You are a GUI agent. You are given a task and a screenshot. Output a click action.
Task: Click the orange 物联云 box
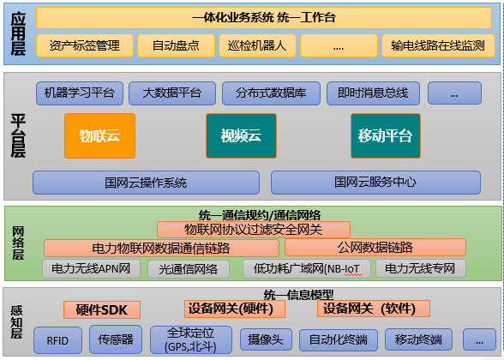[x=99, y=135]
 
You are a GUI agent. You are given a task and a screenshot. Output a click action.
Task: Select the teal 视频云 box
[x=241, y=135]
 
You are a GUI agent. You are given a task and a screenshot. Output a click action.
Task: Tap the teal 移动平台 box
[x=386, y=135]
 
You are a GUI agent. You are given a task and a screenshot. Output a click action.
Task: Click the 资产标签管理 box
[x=85, y=45]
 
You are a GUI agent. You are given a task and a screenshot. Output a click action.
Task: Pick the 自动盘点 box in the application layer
[x=177, y=45]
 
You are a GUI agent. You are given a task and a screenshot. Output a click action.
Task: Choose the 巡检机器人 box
[x=257, y=45]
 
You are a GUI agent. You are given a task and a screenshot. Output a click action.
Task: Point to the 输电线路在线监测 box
[x=439, y=45]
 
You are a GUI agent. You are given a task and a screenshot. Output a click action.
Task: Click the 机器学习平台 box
[x=80, y=93]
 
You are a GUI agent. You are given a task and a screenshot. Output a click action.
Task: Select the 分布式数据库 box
[x=271, y=93]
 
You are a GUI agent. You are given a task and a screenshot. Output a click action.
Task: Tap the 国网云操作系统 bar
[x=146, y=183]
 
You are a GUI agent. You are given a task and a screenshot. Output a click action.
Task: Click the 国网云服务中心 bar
[x=375, y=183]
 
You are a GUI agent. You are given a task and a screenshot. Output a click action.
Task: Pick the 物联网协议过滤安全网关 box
[x=254, y=230]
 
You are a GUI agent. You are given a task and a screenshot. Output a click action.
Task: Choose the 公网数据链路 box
[x=375, y=247]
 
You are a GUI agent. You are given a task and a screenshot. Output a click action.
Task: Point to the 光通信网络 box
[x=189, y=269]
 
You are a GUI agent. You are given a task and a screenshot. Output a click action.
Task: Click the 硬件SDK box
[x=102, y=310]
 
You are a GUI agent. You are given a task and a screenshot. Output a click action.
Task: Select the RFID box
[x=57, y=340]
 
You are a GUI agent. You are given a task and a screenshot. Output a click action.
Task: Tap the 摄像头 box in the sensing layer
[x=266, y=339]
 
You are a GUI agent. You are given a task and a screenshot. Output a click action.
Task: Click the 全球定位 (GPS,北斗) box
[x=191, y=339]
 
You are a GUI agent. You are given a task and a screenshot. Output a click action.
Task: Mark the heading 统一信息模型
[x=298, y=295]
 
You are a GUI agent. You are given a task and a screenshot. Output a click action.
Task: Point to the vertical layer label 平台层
[x=18, y=135]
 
